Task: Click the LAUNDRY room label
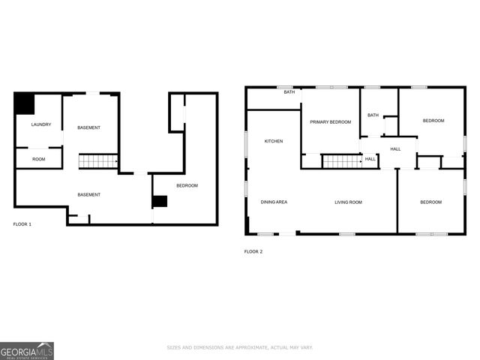tap(40, 124)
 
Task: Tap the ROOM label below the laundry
tap(38, 159)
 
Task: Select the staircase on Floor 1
tap(98, 160)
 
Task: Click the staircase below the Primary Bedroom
tap(341, 160)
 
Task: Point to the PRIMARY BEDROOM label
tap(331, 121)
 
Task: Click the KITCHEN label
tap(273, 141)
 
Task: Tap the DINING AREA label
tap(274, 202)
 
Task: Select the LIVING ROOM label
tap(348, 202)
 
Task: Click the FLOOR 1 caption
tap(22, 224)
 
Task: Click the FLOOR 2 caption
tap(253, 251)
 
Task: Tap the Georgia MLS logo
tap(27, 350)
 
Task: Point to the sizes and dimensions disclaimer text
tap(239, 347)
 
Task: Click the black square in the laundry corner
tap(24, 103)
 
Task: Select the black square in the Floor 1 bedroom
tap(160, 201)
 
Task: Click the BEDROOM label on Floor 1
tap(187, 185)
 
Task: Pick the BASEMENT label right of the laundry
tap(88, 127)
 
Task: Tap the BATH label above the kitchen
tap(289, 92)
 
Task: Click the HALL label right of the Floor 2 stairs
tap(370, 159)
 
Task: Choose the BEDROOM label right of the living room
tap(430, 202)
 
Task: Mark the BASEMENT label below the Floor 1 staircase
tap(88, 195)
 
